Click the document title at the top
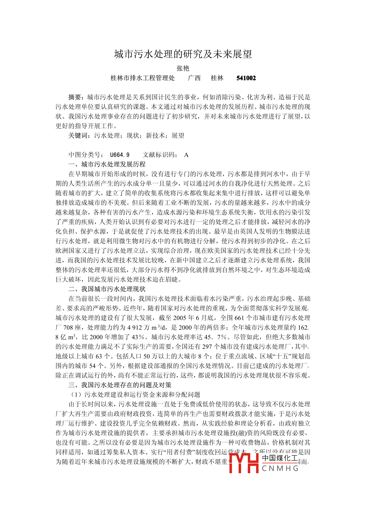[x=183, y=54]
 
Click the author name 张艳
[x=183, y=68]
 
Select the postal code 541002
[x=246, y=78]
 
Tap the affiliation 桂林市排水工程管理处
[x=142, y=78]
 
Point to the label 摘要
[x=75, y=97]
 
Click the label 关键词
[x=78, y=136]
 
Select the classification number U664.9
[x=119, y=155]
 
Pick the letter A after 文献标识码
[x=186, y=155]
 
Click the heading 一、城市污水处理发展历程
[x=107, y=164]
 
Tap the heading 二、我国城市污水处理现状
[x=107, y=289]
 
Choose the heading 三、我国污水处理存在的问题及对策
[x=120, y=385]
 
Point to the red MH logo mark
[x=244, y=463]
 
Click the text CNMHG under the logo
[x=280, y=468]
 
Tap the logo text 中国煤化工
[x=280, y=458]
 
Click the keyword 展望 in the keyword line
[x=178, y=136]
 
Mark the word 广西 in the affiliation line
[x=194, y=78]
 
